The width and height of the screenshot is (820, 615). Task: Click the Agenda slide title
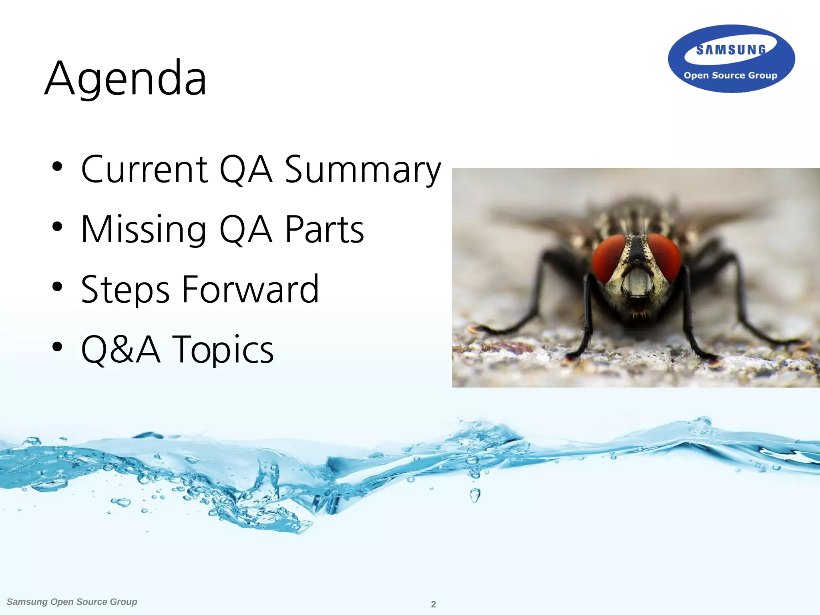tap(126, 78)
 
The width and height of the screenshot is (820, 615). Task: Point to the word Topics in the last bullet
tap(223, 350)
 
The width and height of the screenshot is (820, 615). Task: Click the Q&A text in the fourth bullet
tap(121, 350)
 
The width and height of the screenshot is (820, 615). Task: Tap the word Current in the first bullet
tap(144, 170)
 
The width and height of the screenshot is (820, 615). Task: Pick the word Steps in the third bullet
tap(125, 290)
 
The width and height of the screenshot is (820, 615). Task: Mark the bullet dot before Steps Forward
tap(58, 287)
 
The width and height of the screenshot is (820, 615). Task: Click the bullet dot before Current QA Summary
tap(58, 167)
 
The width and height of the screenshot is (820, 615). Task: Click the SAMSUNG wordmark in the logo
tap(731, 50)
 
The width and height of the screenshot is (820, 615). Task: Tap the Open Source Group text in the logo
tap(730, 75)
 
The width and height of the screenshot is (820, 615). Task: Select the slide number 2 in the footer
tap(433, 604)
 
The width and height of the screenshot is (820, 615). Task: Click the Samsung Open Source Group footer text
tap(72, 602)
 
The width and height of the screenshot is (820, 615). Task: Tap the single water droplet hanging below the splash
tap(475, 496)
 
